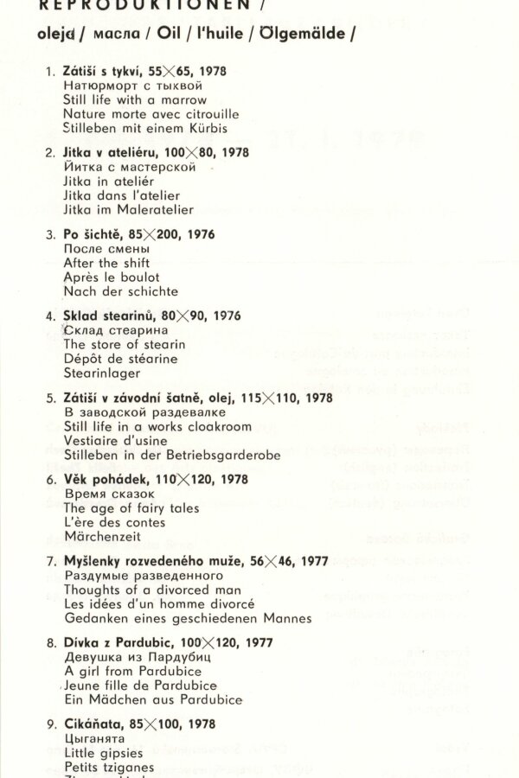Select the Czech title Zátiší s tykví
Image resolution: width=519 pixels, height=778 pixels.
(104, 72)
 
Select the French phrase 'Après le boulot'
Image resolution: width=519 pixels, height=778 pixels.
(112, 277)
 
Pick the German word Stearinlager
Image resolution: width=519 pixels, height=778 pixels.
(102, 373)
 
